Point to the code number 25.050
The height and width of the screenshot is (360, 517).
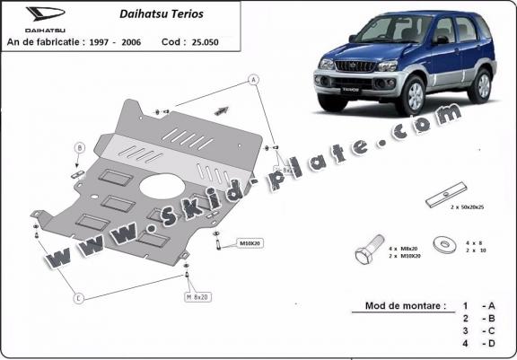pyautogui.click(x=206, y=42)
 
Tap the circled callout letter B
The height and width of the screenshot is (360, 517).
pyautogui.click(x=79, y=148)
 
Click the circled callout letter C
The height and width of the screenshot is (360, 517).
pyautogui.click(x=79, y=297)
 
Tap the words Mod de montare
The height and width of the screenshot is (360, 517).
pyautogui.click(x=405, y=305)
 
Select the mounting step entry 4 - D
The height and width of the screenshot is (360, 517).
pyautogui.click(x=478, y=344)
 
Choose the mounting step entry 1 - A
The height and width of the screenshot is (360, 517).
pyautogui.click(x=478, y=305)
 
